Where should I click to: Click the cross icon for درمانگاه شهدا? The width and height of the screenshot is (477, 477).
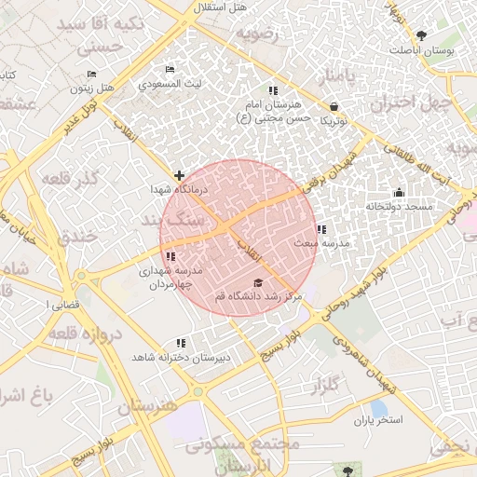(x=179, y=174)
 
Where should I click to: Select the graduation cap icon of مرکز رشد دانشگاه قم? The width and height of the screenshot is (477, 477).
(x=257, y=282)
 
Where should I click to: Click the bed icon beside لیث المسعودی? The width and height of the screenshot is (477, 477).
(x=169, y=70)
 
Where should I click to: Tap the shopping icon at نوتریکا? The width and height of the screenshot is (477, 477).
(x=334, y=107)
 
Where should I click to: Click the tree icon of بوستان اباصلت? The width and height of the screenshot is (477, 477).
(x=424, y=36)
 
